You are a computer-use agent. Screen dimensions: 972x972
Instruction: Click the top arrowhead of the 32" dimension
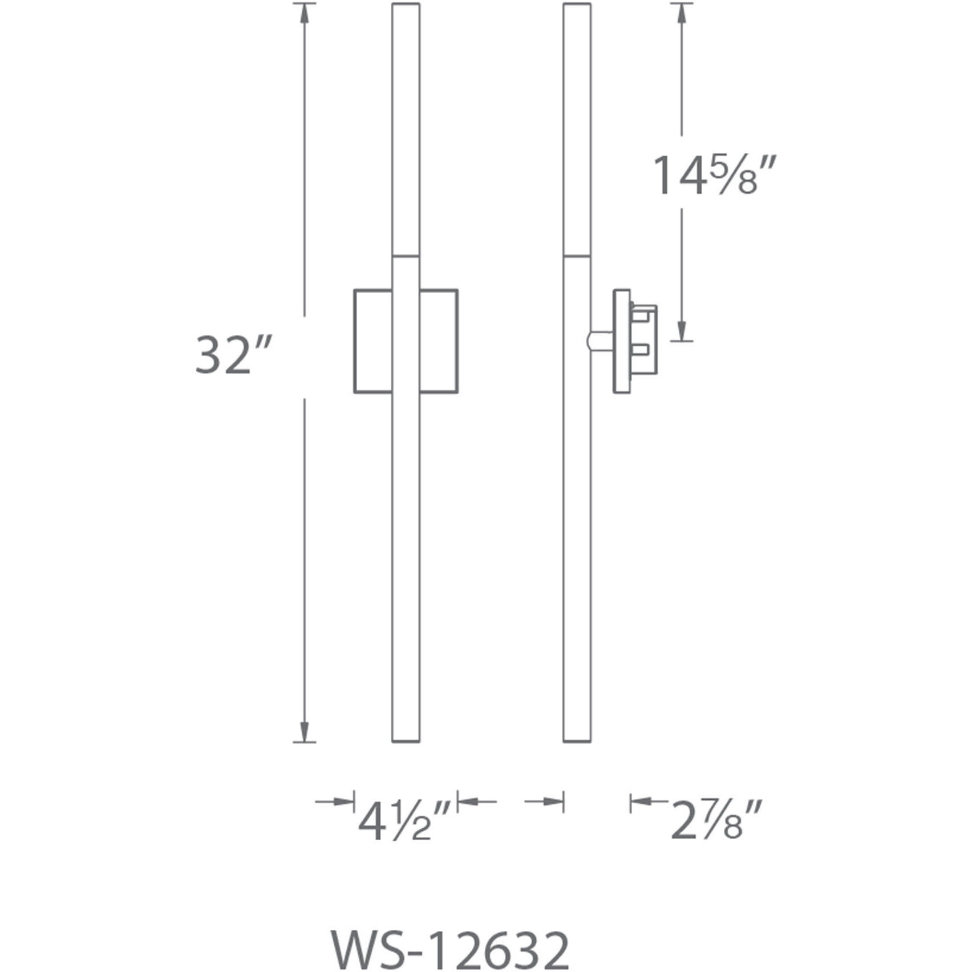tap(305, 14)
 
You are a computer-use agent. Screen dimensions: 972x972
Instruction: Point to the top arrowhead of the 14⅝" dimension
tap(682, 14)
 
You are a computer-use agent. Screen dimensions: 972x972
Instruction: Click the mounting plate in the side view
tap(621, 341)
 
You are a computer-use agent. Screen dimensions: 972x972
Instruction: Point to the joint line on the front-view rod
tap(406, 255)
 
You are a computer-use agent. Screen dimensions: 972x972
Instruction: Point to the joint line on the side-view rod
tap(577, 255)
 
